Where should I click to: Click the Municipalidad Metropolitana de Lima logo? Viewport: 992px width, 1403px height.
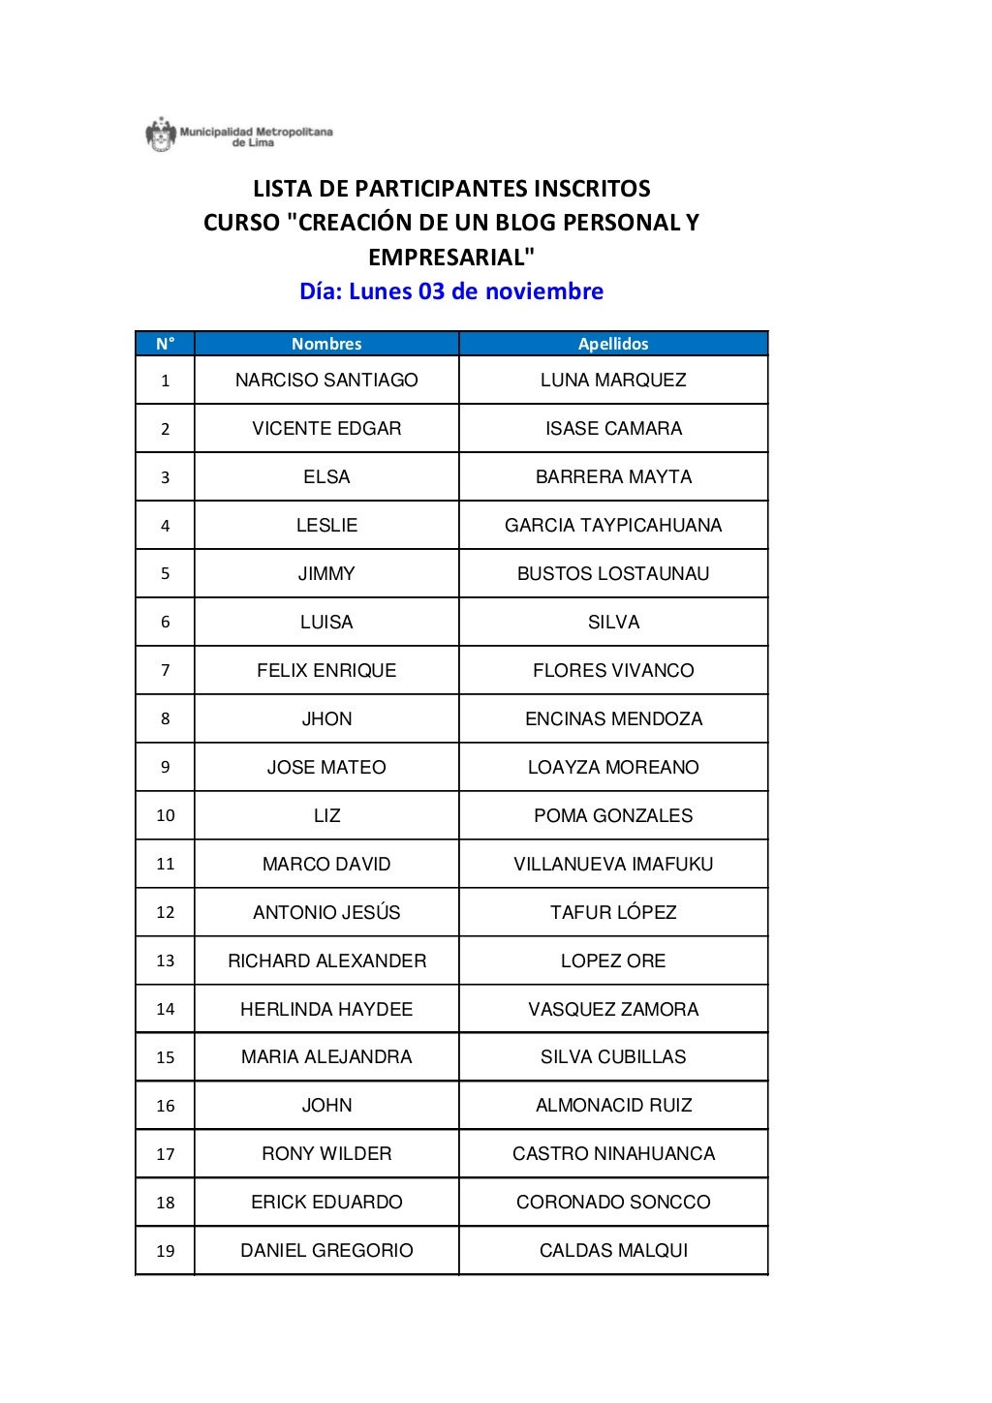point(238,135)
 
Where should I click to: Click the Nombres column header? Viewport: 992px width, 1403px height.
point(326,344)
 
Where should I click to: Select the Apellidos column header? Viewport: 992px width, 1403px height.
point(613,344)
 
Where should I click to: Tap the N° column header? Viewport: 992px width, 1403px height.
point(165,344)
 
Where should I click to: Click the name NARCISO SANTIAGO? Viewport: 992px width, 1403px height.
point(326,381)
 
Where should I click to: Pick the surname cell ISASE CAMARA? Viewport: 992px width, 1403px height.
point(613,429)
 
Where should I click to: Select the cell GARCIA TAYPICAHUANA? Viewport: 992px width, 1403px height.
point(613,526)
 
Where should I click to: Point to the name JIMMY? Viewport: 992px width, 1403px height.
point(326,574)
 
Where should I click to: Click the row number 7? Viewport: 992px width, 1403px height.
point(165,671)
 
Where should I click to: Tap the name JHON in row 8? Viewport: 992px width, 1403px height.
point(326,719)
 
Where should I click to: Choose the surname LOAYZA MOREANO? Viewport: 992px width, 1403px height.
point(613,768)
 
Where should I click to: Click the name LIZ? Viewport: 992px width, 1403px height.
point(326,816)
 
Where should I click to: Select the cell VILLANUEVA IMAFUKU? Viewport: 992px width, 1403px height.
point(613,865)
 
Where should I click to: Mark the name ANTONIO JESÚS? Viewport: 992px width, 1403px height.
point(326,913)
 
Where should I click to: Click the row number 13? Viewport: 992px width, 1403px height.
point(165,961)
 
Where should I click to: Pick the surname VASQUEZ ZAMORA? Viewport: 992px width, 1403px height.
point(613,1010)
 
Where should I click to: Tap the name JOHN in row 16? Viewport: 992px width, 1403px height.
point(326,1106)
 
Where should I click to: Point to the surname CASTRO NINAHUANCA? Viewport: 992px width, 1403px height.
point(613,1154)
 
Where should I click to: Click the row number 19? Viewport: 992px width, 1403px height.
point(165,1251)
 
